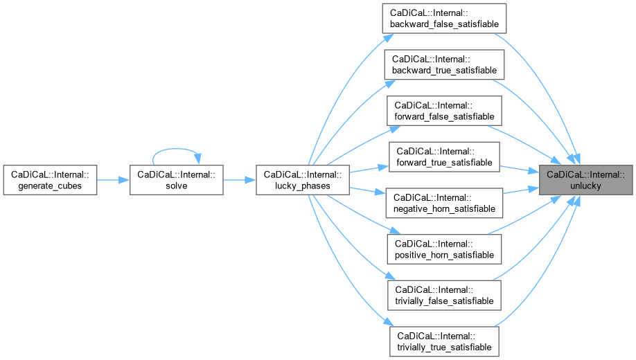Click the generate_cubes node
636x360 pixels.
pos(50,180)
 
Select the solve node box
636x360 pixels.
pos(177,180)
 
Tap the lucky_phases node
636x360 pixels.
pos(302,180)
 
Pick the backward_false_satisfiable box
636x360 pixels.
pos(444,18)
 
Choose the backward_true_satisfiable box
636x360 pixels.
pos(444,64)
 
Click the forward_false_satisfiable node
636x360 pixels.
pos(444,111)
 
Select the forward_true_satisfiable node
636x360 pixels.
pos(444,157)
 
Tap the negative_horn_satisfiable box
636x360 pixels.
pos(444,204)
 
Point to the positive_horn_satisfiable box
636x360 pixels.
pos(444,250)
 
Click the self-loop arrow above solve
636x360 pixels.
pos(177,148)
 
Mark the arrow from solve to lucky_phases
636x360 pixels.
pos(239,180)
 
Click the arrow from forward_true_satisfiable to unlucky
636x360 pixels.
pos(520,169)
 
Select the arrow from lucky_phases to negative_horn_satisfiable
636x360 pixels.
pos(367,191)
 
